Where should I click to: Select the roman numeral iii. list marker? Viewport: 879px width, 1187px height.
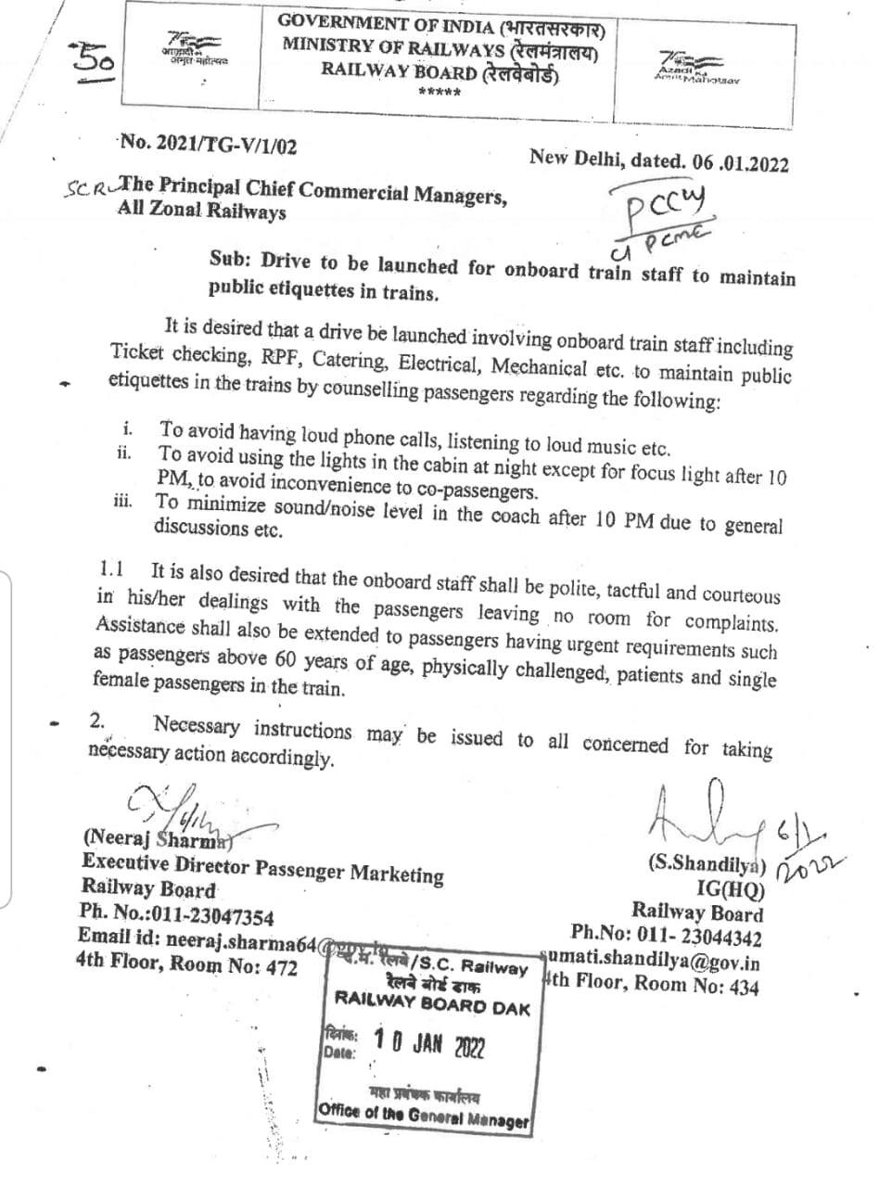click(123, 502)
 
